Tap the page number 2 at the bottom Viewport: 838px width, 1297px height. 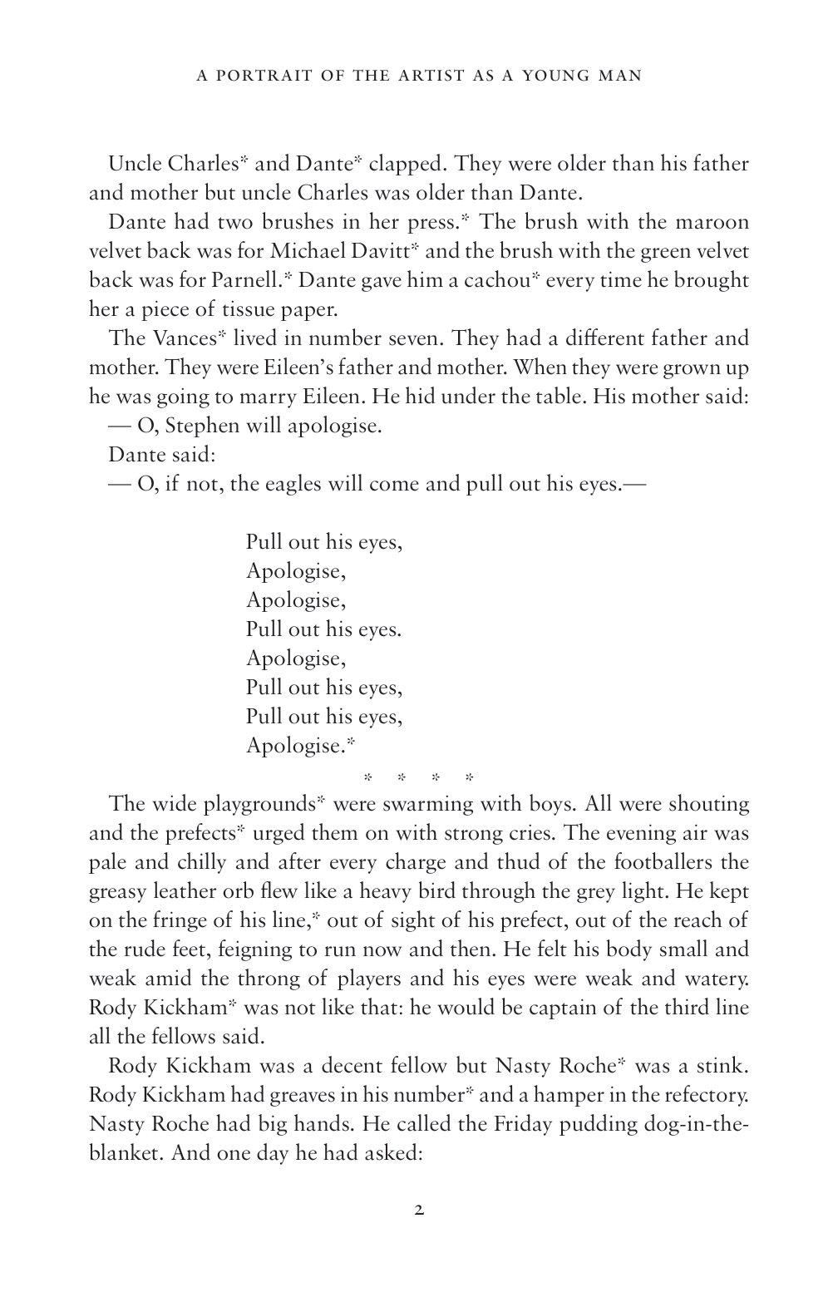(x=419, y=1210)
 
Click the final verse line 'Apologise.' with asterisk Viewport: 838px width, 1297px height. (x=295, y=746)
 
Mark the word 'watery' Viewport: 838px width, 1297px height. (x=714, y=949)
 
